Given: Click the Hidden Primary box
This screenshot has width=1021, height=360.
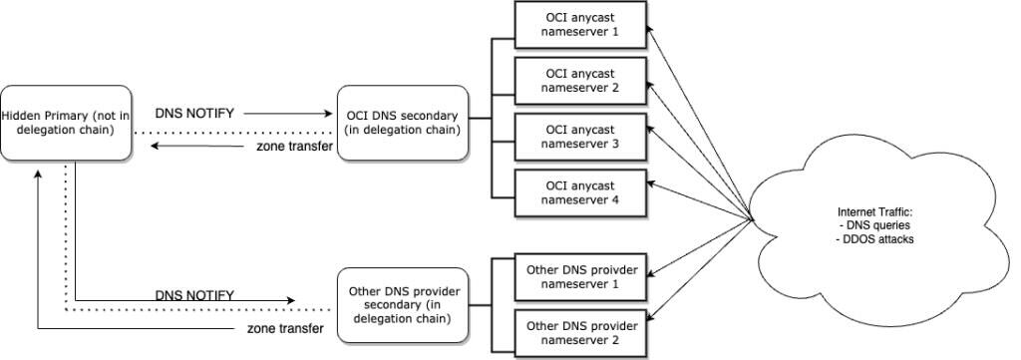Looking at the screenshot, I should coord(67,122).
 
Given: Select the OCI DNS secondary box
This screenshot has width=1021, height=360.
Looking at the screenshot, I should coord(402,122).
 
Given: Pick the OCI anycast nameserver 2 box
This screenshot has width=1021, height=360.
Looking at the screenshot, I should coord(581,80).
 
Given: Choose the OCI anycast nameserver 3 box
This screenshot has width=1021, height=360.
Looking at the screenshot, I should coord(581,137).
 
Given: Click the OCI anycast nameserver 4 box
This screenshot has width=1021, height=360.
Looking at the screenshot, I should coord(581,192).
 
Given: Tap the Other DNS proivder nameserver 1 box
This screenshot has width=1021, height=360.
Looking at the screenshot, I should coord(581,276).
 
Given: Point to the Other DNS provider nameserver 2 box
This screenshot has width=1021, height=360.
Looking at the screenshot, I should coord(581,332).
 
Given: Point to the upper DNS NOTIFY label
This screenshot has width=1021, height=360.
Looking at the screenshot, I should coord(194,114).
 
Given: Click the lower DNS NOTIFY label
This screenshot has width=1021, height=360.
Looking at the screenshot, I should coord(194,296).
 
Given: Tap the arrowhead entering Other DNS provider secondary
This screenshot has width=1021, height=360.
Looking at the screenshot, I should coord(292,299).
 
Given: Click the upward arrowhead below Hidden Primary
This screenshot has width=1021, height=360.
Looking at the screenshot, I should coord(38,174).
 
